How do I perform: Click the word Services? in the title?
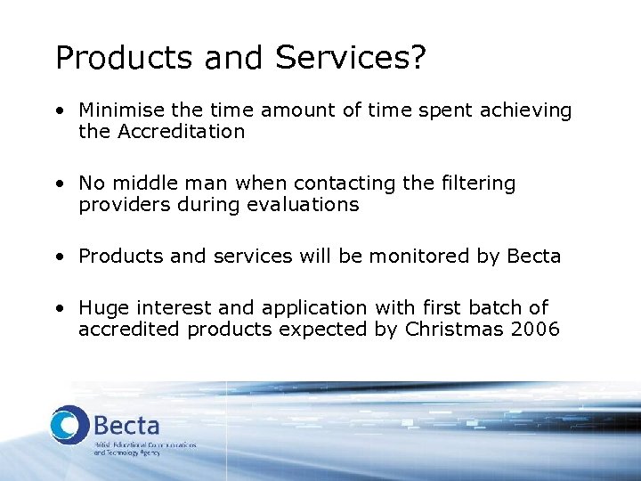(351, 58)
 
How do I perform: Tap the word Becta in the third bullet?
(533, 257)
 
